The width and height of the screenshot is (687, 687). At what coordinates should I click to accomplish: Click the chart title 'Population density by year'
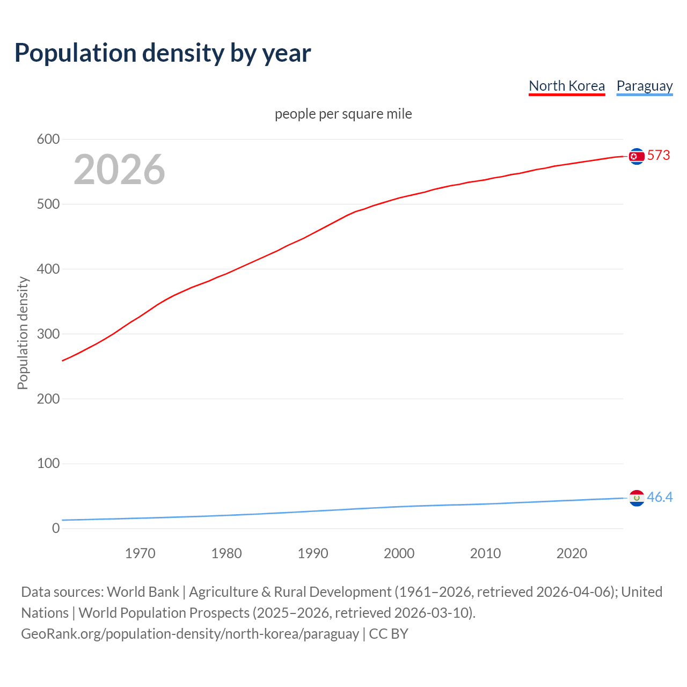click(x=163, y=53)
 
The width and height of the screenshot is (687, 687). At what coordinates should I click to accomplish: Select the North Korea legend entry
click(x=566, y=86)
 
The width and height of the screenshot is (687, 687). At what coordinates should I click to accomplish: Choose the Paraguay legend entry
click(x=644, y=86)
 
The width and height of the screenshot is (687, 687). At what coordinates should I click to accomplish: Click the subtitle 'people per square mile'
click(x=343, y=114)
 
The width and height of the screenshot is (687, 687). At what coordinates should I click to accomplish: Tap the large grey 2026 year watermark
click(x=119, y=170)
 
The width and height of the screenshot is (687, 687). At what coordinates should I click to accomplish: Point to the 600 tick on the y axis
click(x=48, y=140)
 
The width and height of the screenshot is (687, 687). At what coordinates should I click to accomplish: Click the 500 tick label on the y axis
click(x=48, y=204)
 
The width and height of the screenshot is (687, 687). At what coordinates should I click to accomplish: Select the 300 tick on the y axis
click(x=48, y=334)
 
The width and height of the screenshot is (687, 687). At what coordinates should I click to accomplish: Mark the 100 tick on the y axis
click(x=48, y=464)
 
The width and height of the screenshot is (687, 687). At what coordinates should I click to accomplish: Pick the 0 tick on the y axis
click(x=56, y=529)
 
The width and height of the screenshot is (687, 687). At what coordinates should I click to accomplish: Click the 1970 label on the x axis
click(x=140, y=553)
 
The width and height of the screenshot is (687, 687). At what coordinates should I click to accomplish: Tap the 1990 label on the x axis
click(x=313, y=553)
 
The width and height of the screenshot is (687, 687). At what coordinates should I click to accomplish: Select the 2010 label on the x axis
click(x=485, y=553)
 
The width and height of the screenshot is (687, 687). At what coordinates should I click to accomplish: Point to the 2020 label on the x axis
click(x=572, y=553)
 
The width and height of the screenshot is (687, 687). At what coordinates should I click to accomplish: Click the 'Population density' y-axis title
click(x=23, y=333)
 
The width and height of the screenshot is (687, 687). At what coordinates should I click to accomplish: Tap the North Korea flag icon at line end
click(x=637, y=156)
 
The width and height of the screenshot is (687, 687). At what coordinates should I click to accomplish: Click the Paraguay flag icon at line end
click(x=637, y=498)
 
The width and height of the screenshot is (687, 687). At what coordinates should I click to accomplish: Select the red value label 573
click(x=659, y=156)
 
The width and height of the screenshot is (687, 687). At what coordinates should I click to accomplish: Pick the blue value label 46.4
click(x=660, y=498)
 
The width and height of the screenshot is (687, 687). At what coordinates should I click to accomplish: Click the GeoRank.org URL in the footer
click(x=190, y=634)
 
